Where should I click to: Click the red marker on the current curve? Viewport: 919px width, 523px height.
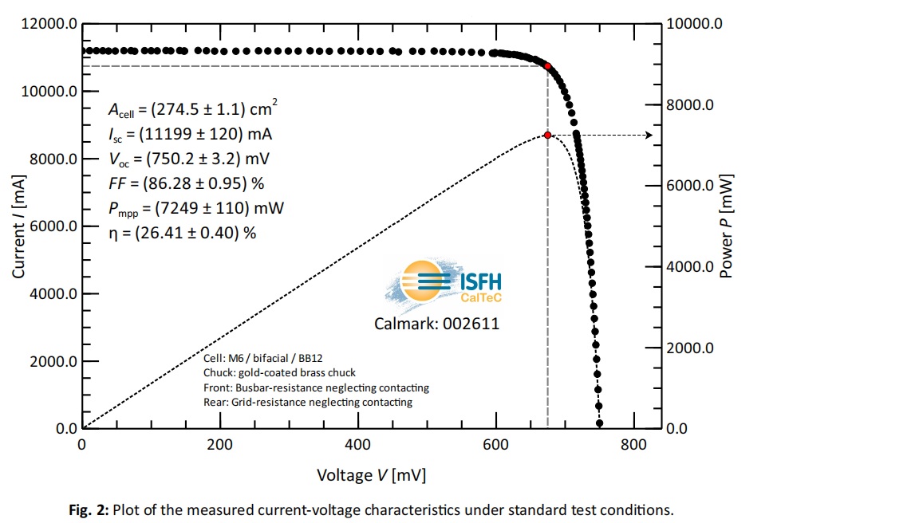point(547,65)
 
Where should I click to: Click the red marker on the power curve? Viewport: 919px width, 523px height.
point(547,136)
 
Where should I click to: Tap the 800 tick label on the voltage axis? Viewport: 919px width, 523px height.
point(633,445)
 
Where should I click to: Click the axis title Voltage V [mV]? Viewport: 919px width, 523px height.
point(371,476)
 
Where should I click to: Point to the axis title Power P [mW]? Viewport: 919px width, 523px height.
point(726,226)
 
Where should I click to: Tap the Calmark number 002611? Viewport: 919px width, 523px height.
point(475,324)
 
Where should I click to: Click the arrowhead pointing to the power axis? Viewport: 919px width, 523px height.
point(649,136)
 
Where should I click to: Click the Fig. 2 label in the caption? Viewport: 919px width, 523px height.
point(88,509)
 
